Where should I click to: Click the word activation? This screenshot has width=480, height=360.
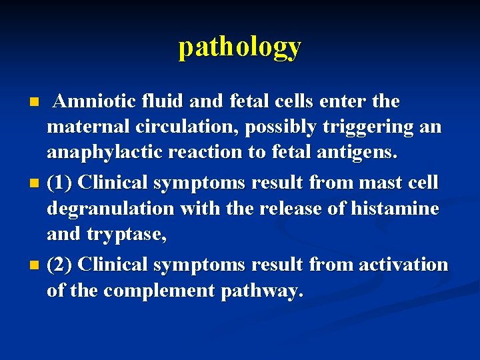tap(403, 265)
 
